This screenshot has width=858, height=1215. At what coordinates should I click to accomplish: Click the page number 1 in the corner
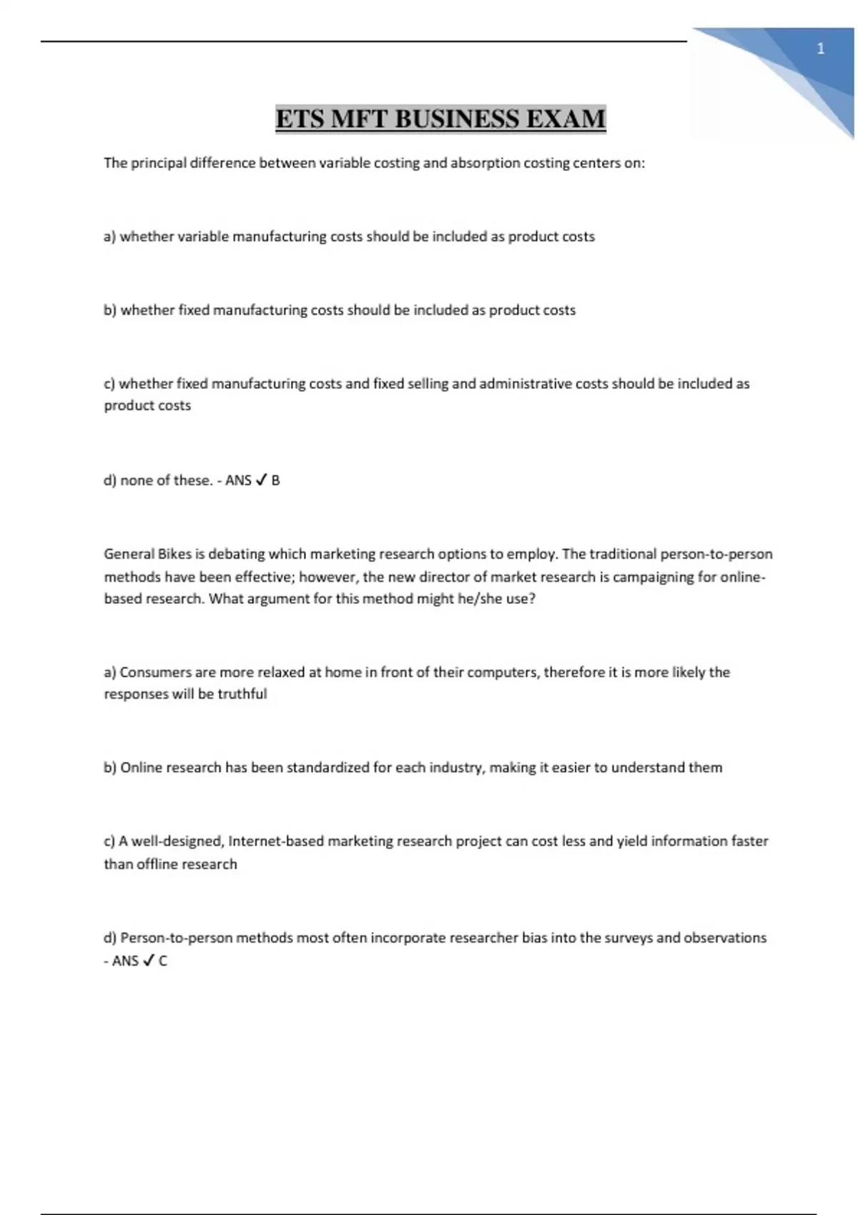821,49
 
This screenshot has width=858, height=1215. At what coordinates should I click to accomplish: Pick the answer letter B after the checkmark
276,480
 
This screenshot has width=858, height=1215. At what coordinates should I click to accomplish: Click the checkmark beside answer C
148,961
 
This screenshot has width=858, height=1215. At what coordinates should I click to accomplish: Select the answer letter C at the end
163,961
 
